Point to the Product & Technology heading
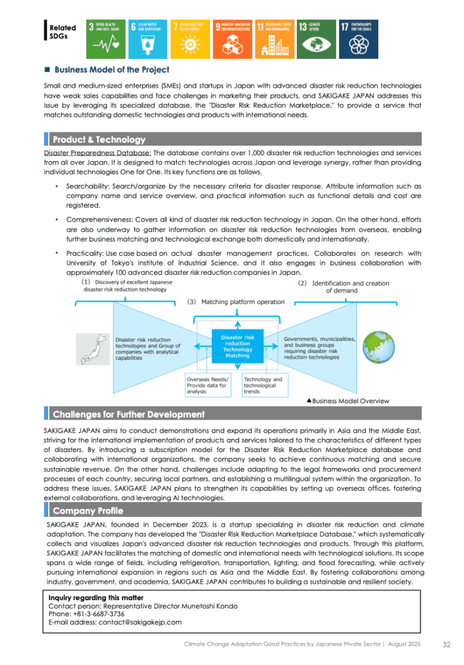coord(99,140)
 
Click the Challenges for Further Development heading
coord(128,414)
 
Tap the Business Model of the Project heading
coord(112,69)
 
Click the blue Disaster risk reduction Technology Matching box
coord(237,347)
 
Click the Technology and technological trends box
coord(263,384)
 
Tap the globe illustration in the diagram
coord(376,348)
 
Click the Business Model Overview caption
coord(348,401)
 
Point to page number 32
coord(446,644)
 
